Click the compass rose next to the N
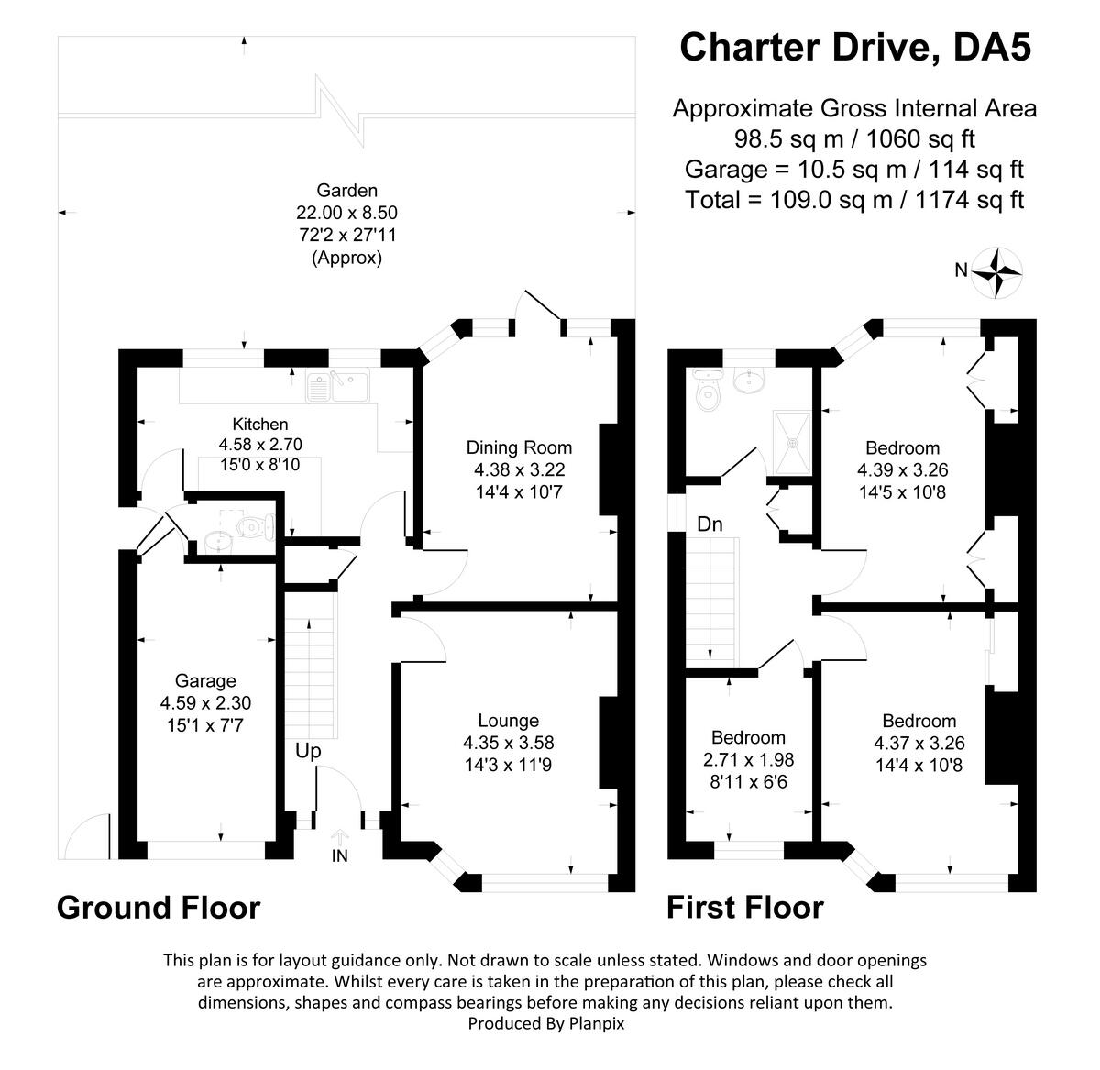pos(996,272)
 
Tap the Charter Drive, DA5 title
pos(854,48)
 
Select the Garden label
pos(346,191)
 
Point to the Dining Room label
pos(519,447)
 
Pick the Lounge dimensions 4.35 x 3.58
pos(509,743)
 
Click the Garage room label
pos(205,680)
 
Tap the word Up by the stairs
pos(308,752)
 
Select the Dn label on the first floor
pos(709,524)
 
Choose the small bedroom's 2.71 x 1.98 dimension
pos(748,760)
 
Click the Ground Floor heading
pos(159,908)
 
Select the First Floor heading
pos(744,908)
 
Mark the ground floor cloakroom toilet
pos(253,526)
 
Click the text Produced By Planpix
pos(545,1023)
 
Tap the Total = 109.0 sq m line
pos(854,200)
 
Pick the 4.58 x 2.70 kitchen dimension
pos(259,445)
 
